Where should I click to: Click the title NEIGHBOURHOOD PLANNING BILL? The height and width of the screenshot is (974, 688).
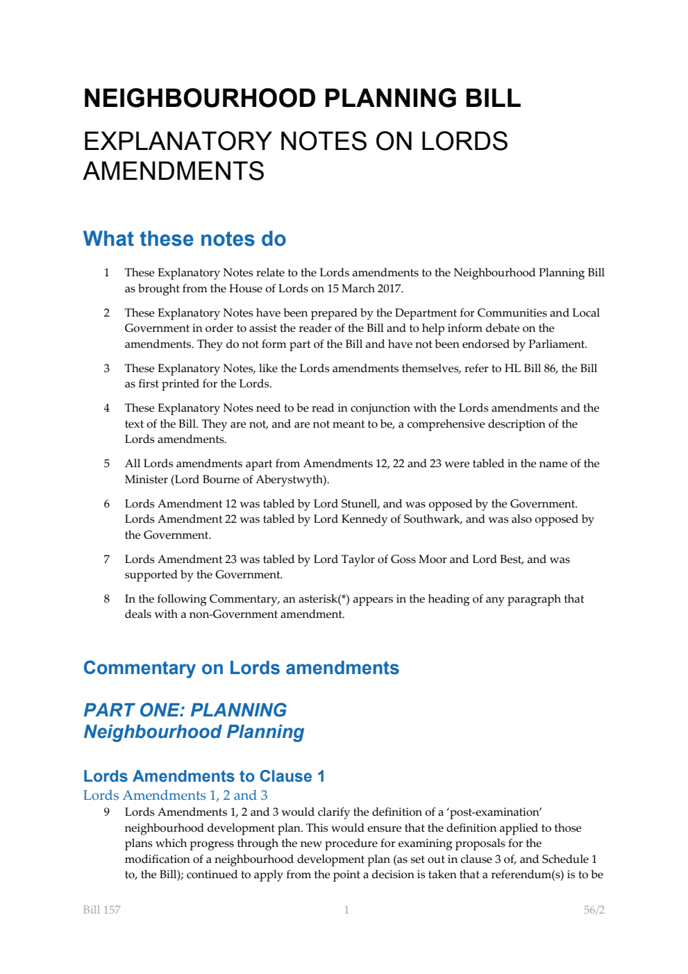302,98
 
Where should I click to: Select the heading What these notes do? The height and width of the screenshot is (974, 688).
185,239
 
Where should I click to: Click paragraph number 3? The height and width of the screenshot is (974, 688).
106,369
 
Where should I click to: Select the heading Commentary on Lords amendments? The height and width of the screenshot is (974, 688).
241,668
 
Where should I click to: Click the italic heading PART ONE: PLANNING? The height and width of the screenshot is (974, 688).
185,710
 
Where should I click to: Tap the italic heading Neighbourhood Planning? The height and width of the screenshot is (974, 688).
194,732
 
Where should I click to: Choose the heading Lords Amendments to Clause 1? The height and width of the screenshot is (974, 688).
204,776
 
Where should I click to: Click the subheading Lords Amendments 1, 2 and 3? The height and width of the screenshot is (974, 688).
175,796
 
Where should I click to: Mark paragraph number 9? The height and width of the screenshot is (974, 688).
106,812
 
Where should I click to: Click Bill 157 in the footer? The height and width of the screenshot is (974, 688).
101,910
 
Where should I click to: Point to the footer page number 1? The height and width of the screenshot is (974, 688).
346,910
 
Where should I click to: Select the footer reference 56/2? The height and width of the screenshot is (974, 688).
594,910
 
